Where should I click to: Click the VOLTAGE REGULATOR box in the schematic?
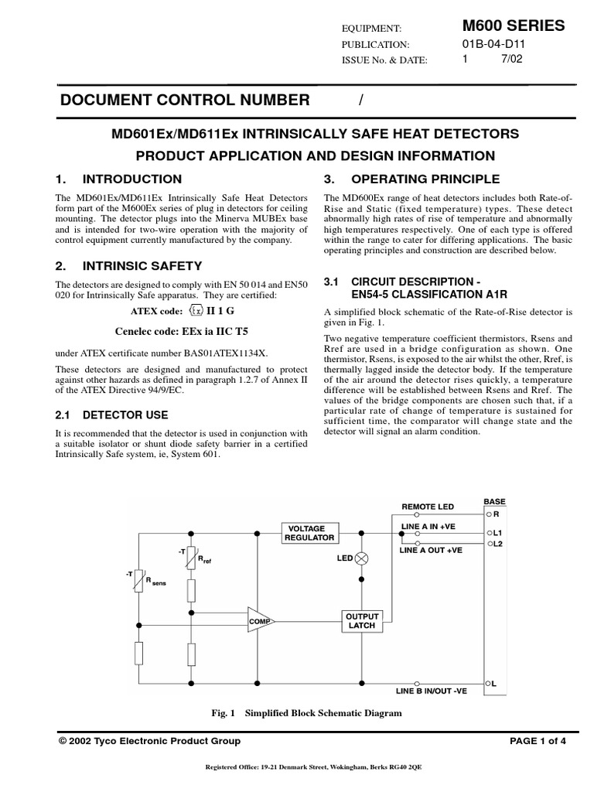point(309,533)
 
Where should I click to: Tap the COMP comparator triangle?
point(261,620)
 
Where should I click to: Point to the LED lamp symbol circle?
point(360,558)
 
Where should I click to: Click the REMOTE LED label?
point(428,507)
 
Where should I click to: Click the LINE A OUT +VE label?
point(431,550)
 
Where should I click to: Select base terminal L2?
point(495,544)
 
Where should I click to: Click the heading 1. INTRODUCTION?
point(120,179)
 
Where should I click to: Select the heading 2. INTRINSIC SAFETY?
point(129,265)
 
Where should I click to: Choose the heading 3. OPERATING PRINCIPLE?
point(411,179)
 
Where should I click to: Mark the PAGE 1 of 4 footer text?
point(538,741)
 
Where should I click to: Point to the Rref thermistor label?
point(204,559)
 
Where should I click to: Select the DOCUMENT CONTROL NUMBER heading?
point(185,100)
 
